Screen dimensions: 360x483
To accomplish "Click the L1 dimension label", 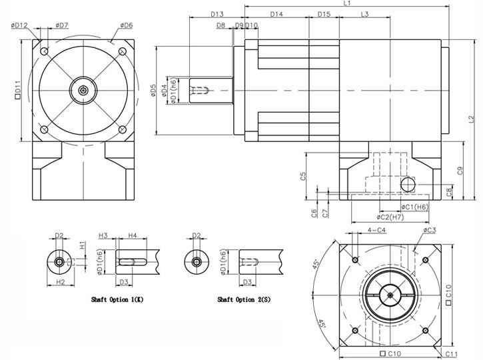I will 348,4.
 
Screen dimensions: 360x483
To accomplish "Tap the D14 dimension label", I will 277,14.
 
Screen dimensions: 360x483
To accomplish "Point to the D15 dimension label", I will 324,14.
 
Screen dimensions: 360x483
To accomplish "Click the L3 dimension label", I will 365,14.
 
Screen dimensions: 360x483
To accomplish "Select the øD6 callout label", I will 126,25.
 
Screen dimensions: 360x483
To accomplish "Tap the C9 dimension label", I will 460,171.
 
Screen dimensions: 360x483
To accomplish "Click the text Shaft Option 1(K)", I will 117,300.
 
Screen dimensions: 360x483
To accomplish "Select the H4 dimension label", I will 132,235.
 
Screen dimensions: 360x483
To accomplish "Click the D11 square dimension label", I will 18,89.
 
